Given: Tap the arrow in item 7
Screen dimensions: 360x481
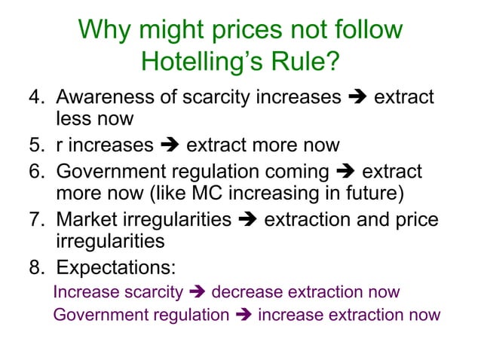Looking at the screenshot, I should point(247,221).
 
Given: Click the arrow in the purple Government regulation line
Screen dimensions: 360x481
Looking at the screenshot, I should point(243,315).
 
